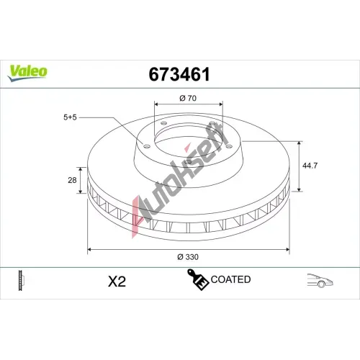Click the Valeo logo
27,73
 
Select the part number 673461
179,74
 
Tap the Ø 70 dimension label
188,98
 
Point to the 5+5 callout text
70,117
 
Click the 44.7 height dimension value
310,166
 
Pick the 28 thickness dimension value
72,180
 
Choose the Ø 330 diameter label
188,257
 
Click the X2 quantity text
117,282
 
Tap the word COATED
230,279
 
